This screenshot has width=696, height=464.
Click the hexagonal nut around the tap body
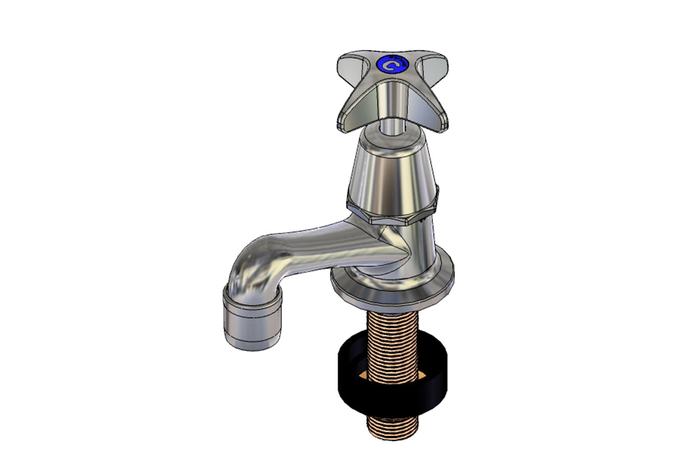point(391,211)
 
